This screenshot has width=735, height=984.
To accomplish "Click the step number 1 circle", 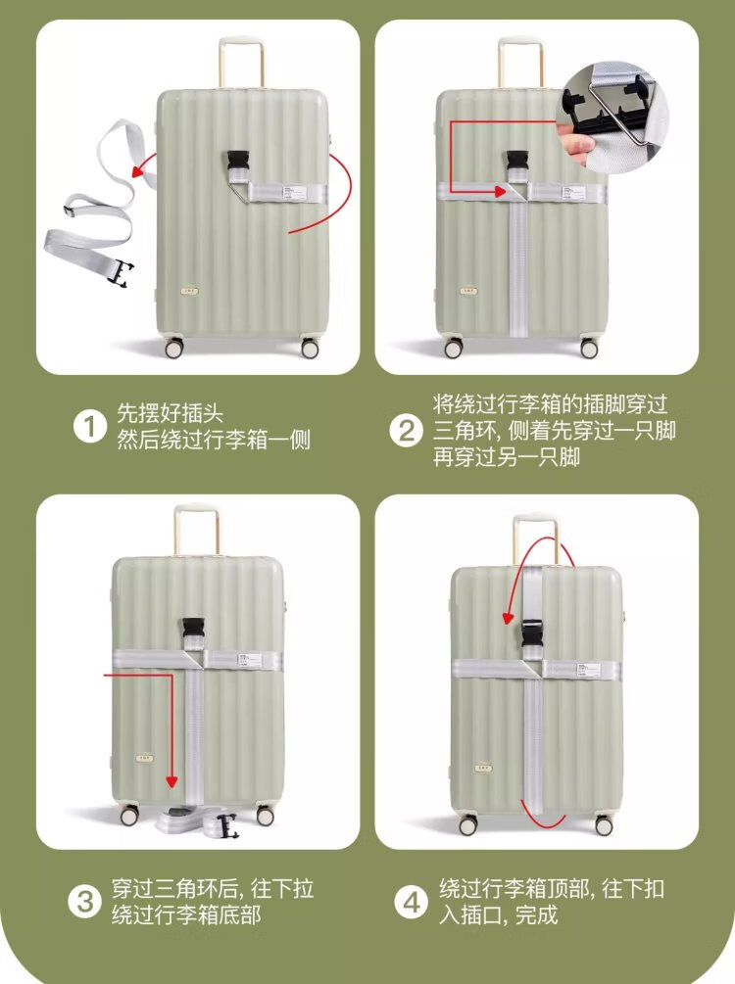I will pos(90,428).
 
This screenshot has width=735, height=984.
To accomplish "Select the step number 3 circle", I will pos(85,902).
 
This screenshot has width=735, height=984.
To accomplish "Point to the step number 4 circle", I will pos(411,903).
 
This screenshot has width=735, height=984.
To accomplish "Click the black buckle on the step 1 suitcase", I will pos(240,164).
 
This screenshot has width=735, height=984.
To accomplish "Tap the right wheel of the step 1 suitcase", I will pos(309,348).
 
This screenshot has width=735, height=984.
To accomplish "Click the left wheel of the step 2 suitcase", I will pos(453,348).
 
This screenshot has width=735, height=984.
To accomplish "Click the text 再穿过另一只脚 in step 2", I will pos(507,456).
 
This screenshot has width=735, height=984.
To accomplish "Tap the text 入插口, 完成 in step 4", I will pos(498,915).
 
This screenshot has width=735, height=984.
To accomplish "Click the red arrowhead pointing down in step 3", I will pos(172,780).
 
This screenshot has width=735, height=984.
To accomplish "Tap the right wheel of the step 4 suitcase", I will pos(604,826).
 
